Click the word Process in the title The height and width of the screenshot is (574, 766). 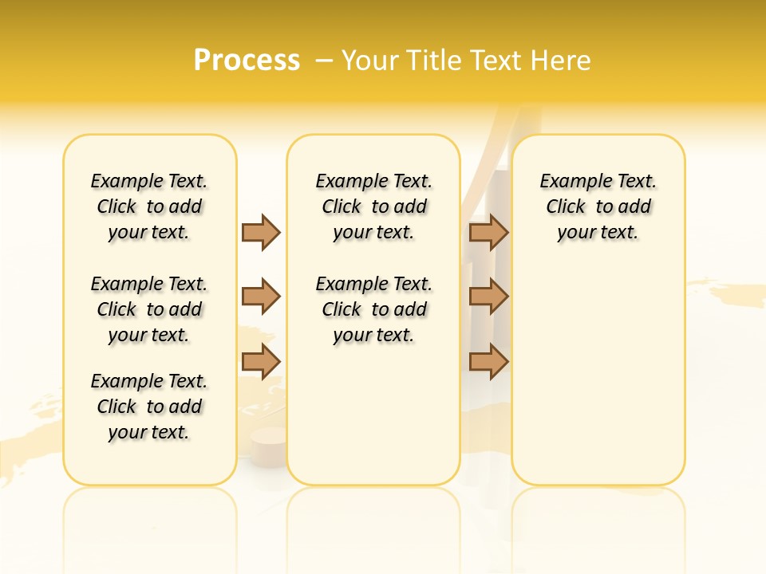point(247,60)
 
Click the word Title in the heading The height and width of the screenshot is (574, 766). point(434,61)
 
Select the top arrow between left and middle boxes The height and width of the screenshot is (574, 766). point(261,232)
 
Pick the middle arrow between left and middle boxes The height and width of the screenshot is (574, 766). point(261,297)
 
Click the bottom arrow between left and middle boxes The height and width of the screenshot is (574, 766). point(261,361)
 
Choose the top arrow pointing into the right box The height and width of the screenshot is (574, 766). point(488,232)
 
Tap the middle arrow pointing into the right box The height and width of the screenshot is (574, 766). point(488,297)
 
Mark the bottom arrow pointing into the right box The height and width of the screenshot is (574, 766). point(488,361)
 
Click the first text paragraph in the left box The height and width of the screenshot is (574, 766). point(149,206)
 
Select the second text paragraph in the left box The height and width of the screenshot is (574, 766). point(149,309)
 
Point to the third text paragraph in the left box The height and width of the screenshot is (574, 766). point(149,407)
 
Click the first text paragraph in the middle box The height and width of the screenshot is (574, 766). point(373,206)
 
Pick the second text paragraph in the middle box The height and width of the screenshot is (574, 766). point(373,309)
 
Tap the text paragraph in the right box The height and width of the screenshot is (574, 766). point(598,206)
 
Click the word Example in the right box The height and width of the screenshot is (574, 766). point(571,182)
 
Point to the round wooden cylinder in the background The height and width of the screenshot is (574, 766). point(268,440)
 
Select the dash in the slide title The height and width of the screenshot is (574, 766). point(324,61)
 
